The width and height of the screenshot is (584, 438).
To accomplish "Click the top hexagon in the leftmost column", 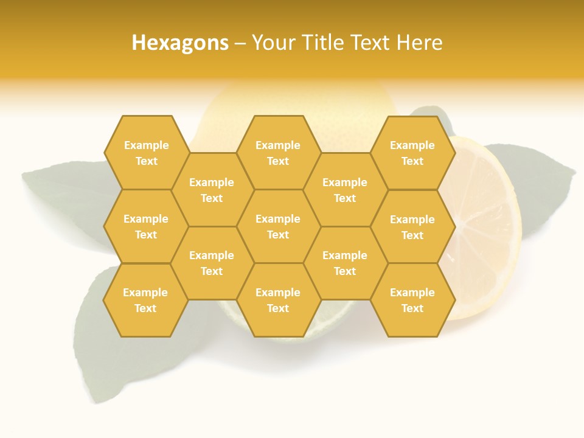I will pos(146,153).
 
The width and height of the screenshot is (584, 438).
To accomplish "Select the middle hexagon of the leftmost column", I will pos(146,226).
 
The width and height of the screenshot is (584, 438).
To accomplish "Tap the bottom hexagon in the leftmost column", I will pos(145,300).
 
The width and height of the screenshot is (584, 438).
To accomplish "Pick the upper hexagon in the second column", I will pos(212,190).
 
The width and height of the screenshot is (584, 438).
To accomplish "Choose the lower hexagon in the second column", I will pos(212,263).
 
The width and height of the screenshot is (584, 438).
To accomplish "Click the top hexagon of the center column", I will pos(278,153).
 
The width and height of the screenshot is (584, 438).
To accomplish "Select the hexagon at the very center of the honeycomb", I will pos(278,226).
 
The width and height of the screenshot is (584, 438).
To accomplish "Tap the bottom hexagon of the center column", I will pos(278,300).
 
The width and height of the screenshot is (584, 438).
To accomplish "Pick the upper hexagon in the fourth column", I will pos(345,190).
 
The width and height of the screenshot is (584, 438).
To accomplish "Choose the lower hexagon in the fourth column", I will pos(345,263).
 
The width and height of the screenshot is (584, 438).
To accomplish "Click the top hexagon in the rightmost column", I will pos(412,153).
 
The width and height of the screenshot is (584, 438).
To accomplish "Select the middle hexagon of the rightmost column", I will pos(412,227).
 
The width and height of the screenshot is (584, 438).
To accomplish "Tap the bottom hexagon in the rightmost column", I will pos(412,300).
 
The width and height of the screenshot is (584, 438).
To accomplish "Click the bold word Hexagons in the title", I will pos(180,43).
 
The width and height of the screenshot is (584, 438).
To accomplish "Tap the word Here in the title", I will pos(419,43).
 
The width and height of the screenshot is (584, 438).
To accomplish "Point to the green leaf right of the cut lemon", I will pos(538,182).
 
